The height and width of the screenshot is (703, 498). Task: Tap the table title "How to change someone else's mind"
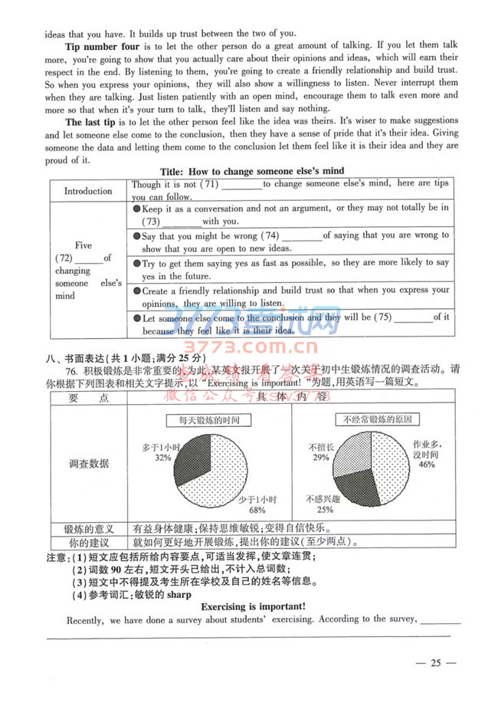tap(252, 171)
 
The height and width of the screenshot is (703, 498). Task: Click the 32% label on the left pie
tap(162, 457)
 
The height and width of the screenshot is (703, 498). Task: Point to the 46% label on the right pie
tap(427, 464)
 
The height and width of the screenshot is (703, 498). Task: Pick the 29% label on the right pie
tap(319, 457)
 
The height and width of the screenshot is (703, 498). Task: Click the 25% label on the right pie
tap(324, 509)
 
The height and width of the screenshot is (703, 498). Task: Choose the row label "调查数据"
tap(88, 463)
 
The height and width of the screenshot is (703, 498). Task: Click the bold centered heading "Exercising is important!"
tap(253, 606)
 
